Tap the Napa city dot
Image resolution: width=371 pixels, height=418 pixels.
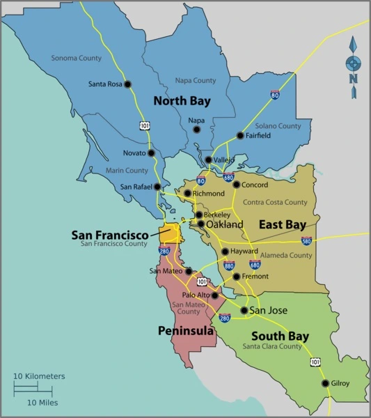196,130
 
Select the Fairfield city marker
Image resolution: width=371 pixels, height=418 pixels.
240,136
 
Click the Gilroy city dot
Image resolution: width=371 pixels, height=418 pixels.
325,383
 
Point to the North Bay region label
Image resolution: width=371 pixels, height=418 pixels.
182,101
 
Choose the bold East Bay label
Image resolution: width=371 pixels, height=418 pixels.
282,224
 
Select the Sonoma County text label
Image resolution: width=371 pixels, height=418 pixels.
76,58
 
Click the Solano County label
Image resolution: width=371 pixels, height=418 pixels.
278,126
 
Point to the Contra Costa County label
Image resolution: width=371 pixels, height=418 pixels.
275,202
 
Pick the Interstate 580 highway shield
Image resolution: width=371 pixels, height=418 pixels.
306,241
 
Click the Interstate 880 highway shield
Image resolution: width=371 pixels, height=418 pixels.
230,265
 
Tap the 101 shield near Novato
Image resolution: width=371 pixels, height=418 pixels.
144,125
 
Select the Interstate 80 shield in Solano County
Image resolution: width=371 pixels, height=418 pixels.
275,94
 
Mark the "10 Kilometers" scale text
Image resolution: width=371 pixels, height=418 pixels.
40,376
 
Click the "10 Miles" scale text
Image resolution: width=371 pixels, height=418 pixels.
42,403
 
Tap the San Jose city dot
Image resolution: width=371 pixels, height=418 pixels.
244,311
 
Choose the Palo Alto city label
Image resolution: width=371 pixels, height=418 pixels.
195,295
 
